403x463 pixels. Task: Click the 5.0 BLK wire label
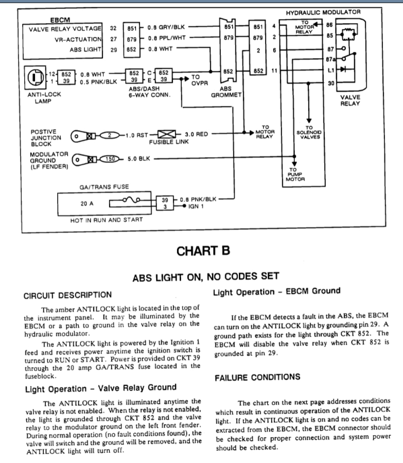[138, 159]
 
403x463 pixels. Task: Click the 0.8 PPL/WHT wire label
[165, 38]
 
